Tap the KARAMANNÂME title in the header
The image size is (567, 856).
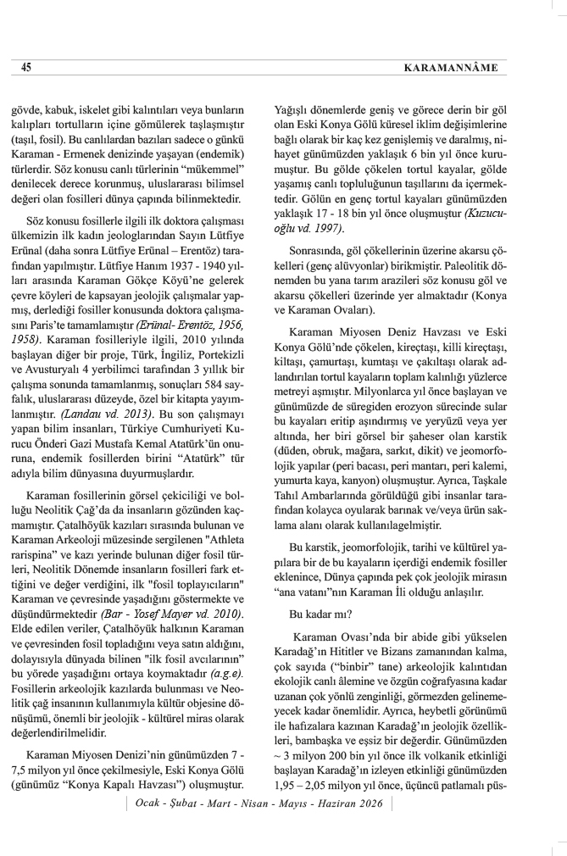coord(475,67)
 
